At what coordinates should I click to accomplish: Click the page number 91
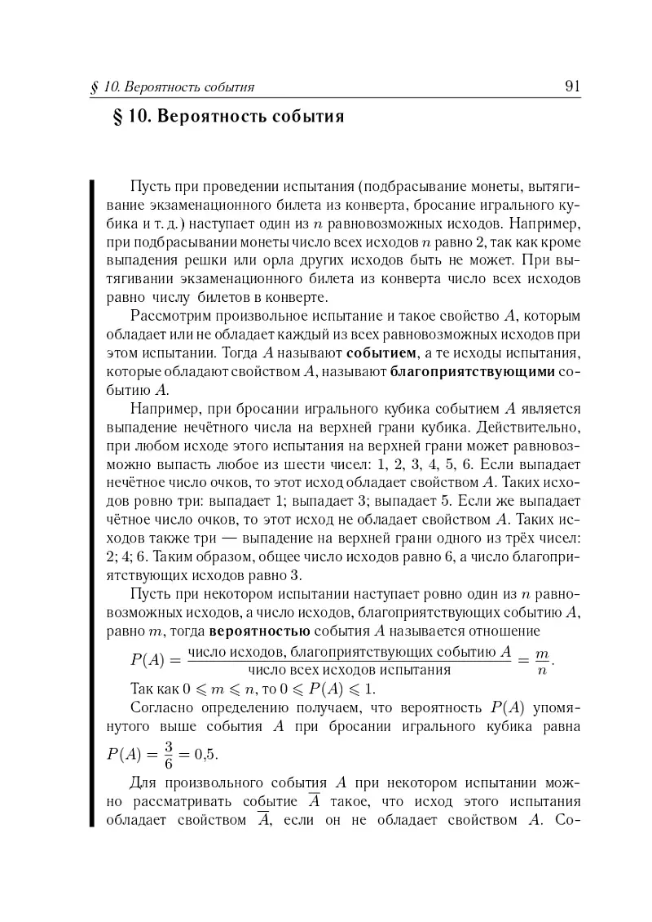[571, 86]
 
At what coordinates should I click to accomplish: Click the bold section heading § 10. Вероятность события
[227, 117]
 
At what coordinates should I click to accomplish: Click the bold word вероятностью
[258, 631]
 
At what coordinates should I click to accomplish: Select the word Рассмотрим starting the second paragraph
[170, 316]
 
